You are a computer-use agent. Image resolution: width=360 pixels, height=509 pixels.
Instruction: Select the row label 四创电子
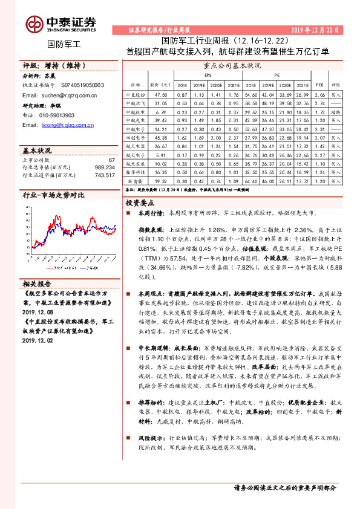click(134, 137)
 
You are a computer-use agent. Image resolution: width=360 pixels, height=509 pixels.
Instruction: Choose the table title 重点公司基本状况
click(233, 65)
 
